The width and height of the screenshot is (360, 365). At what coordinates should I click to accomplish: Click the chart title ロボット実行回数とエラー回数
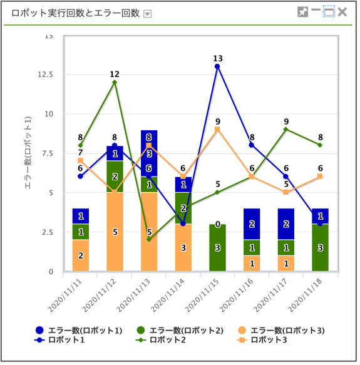tap(76, 13)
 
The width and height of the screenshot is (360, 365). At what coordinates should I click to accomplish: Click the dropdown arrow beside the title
tap(147, 14)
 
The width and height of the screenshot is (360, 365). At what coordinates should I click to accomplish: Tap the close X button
tap(342, 12)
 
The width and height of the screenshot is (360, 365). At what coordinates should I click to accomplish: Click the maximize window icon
tap(329, 12)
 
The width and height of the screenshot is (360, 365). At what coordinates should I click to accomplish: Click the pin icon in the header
tap(303, 12)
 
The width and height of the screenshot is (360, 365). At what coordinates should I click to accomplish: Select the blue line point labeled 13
tap(217, 66)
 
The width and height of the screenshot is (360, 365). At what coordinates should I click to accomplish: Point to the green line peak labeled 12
tap(114, 82)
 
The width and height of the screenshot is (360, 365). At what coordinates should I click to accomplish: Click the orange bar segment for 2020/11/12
tap(114, 232)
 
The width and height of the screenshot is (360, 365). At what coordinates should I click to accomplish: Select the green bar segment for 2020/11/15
tap(217, 248)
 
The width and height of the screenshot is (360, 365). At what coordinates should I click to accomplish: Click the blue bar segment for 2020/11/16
tap(252, 224)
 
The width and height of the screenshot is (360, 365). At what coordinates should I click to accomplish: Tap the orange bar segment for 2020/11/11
tap(80, 255)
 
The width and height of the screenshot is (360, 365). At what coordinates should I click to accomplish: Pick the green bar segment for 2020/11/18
tap(320, 248)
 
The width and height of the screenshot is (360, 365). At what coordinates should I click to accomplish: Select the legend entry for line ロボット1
tap(78, 340)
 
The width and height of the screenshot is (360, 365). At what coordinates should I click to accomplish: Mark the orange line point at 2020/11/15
tap(217, 130)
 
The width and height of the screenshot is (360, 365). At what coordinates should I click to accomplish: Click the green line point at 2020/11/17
tap(286, 130)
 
